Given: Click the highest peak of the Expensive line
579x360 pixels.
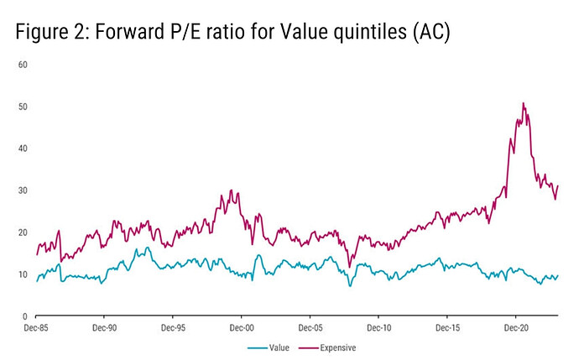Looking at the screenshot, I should point(524,103).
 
